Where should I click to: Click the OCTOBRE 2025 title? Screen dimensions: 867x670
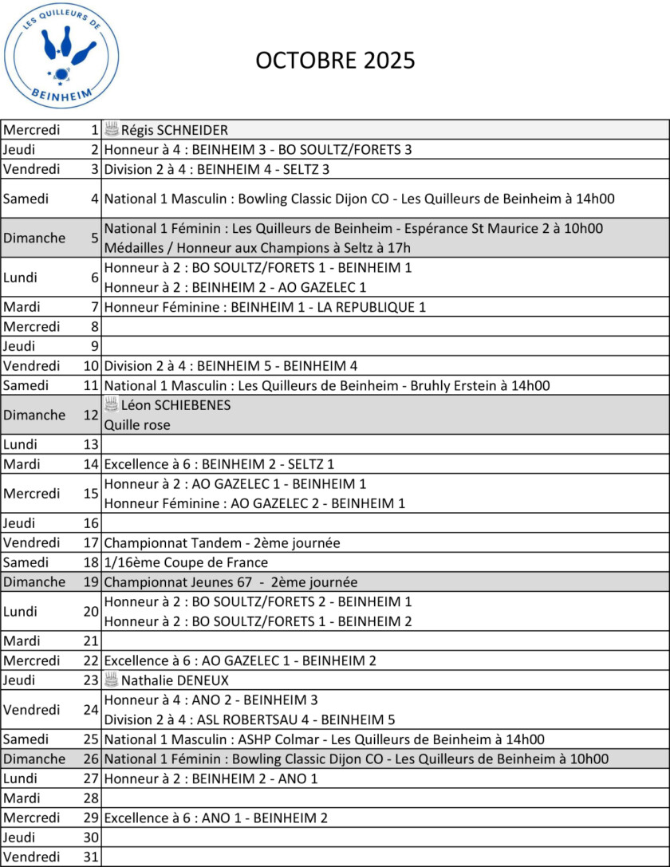click(335, 61)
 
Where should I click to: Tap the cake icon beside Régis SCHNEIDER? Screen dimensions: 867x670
click(112, 129)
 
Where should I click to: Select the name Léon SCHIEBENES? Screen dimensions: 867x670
click(175, 405)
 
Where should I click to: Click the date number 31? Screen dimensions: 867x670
click(90, 857)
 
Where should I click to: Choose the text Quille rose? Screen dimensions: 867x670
click(137, 425)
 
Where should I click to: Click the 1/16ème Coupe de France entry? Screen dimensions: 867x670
click(186, 562)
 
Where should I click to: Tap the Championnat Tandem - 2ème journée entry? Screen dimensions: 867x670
click(223, 543)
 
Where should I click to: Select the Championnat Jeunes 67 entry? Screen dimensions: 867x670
click(231, 582)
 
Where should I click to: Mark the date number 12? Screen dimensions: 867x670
click(90, 415)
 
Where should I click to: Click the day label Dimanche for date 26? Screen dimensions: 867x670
click(34, 759)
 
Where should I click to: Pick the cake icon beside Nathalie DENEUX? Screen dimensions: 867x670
click(112, 680)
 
